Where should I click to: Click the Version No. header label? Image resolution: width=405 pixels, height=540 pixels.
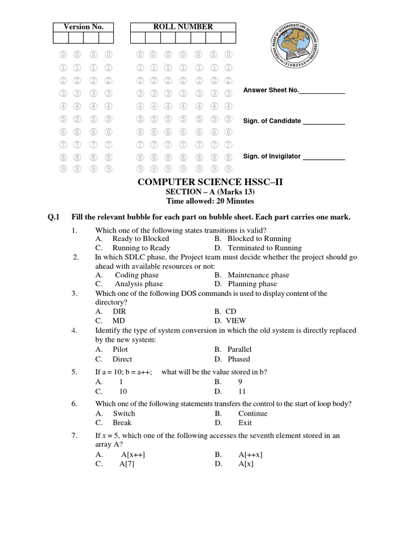point(83,27)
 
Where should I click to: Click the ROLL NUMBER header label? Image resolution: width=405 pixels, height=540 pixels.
point(183,26)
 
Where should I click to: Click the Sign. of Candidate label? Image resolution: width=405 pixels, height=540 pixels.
point(272,121)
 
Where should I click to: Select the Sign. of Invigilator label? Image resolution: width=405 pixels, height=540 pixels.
point(272,156)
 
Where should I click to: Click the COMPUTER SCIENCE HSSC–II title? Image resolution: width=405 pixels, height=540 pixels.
point(210,182)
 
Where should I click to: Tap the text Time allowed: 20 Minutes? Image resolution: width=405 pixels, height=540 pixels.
point(210,201)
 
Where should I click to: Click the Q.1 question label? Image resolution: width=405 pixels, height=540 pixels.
point(54,217)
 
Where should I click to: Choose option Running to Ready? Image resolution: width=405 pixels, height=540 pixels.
point(141,248)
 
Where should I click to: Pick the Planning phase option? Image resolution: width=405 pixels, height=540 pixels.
point(252,284)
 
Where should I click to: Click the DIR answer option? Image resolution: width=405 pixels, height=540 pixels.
point(119,312)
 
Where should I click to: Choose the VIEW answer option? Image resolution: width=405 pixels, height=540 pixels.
point(236,321)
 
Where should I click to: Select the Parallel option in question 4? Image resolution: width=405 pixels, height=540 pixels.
point(239,349)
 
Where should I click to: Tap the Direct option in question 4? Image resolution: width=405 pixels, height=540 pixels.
point(122,359)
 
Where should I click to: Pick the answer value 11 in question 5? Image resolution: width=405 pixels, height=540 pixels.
point(242,392)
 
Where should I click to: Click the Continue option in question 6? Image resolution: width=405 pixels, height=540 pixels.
point(253,413)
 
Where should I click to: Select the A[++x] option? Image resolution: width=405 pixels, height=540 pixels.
point(250,455)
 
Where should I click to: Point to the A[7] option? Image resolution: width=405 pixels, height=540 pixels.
point(127,465)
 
